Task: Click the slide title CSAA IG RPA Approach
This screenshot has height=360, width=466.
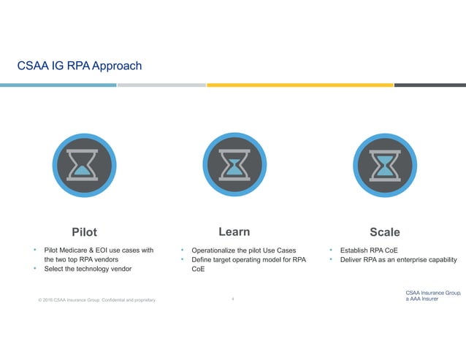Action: pos(80,66)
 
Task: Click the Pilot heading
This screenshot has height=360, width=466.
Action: pos(84,232)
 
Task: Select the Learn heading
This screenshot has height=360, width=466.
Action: pos(234,231)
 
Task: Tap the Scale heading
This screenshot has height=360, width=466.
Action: pos(384,232)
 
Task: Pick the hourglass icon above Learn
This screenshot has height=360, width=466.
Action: pos(233,166)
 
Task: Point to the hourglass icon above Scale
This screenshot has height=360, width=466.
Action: pos(383,166)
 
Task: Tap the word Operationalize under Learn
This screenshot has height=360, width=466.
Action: pos(218,250)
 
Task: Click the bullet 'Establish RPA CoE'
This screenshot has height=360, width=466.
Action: pos(368,250)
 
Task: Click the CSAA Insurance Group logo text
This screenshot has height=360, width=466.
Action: pos(432,296)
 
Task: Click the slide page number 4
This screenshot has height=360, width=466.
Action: pos(232,299)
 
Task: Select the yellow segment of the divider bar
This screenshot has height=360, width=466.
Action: pos(299,85)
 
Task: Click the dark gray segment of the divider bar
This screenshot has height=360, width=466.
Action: pos(429,85)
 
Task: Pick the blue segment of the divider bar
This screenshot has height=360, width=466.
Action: pos(58,85)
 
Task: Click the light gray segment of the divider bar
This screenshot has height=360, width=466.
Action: pos(161,85)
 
